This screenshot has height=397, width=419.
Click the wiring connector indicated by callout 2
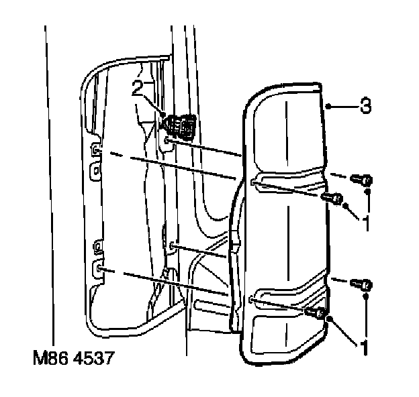(179, 125)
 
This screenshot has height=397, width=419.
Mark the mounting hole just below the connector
(169, 142)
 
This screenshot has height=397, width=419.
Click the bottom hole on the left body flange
(99, 269)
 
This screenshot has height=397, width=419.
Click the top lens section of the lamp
(285, 134)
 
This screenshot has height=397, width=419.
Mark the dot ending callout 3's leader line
(326, 107)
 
